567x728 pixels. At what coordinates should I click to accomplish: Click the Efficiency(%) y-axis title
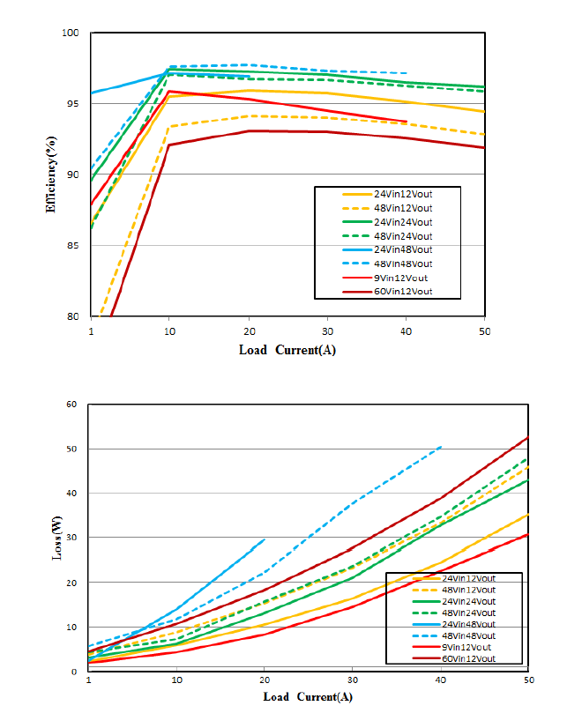coord(52,174)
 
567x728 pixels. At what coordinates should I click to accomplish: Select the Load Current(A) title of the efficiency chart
coord(287,350)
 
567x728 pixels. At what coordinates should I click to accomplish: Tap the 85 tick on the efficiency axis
coord(73,246)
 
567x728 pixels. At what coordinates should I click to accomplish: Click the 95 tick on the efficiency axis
coord(73,104)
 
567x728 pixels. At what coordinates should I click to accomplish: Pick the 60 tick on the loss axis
coord(73,405)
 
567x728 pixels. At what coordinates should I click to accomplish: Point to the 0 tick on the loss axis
coord(76,672)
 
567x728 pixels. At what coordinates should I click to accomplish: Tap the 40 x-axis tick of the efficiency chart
coord(406,330)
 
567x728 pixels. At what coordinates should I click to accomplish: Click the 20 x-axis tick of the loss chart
coord(265,681)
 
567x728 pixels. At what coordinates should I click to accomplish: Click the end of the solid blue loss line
coord(265,539)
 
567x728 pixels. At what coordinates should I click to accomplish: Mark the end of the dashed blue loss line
coord(441,447)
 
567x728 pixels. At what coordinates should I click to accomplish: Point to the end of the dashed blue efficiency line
coord(406,73)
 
